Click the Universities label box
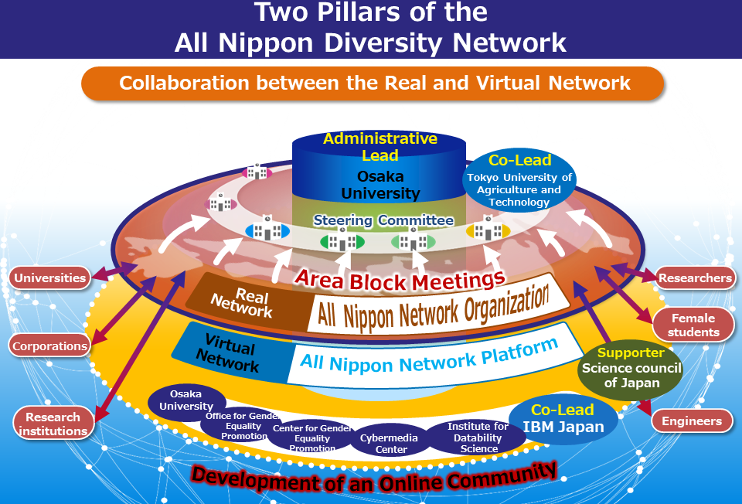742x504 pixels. click(x=49, y=278)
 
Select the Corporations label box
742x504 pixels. click(x=49, y=346)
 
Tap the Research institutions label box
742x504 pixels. click(x=53, y=424)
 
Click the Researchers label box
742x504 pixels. click(x=695, y=278)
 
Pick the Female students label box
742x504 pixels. click(x=693, y=325)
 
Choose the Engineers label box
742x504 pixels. click(x=691, y=421)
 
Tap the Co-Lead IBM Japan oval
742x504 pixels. click(x=563, y=419)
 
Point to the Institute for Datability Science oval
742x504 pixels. click(x=477, y=438)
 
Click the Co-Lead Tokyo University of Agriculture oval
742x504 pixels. click(x=519, y=180)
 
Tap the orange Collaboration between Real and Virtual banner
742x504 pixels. click(x=373, y=83)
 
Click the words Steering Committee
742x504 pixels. click(x=383, y=220)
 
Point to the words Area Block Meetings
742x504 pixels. click(x=400, y=280)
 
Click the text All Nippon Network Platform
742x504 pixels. click(x=429, y=356)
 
